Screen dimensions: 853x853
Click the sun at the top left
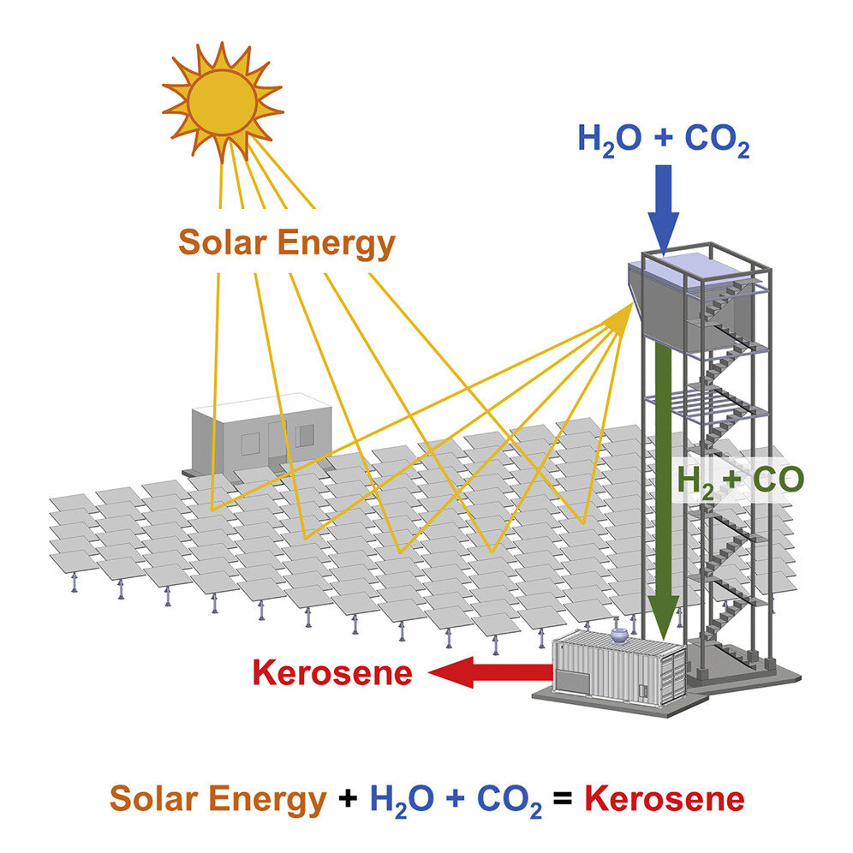click(x=222, y=102)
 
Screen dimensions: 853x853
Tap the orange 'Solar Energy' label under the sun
click(x=286, y=244)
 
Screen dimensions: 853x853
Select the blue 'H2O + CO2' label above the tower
click(x=664, y=140)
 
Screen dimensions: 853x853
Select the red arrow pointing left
click(x=488, y=673)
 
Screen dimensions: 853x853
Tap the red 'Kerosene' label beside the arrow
click(x=332, y=673)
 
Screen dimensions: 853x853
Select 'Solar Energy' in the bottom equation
click(x=218, y=800)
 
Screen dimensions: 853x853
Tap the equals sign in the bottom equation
click(x=562, y=801)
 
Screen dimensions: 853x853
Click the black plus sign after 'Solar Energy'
click(x=347, y=801)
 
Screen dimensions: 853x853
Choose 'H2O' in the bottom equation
click(x=401, y=801)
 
